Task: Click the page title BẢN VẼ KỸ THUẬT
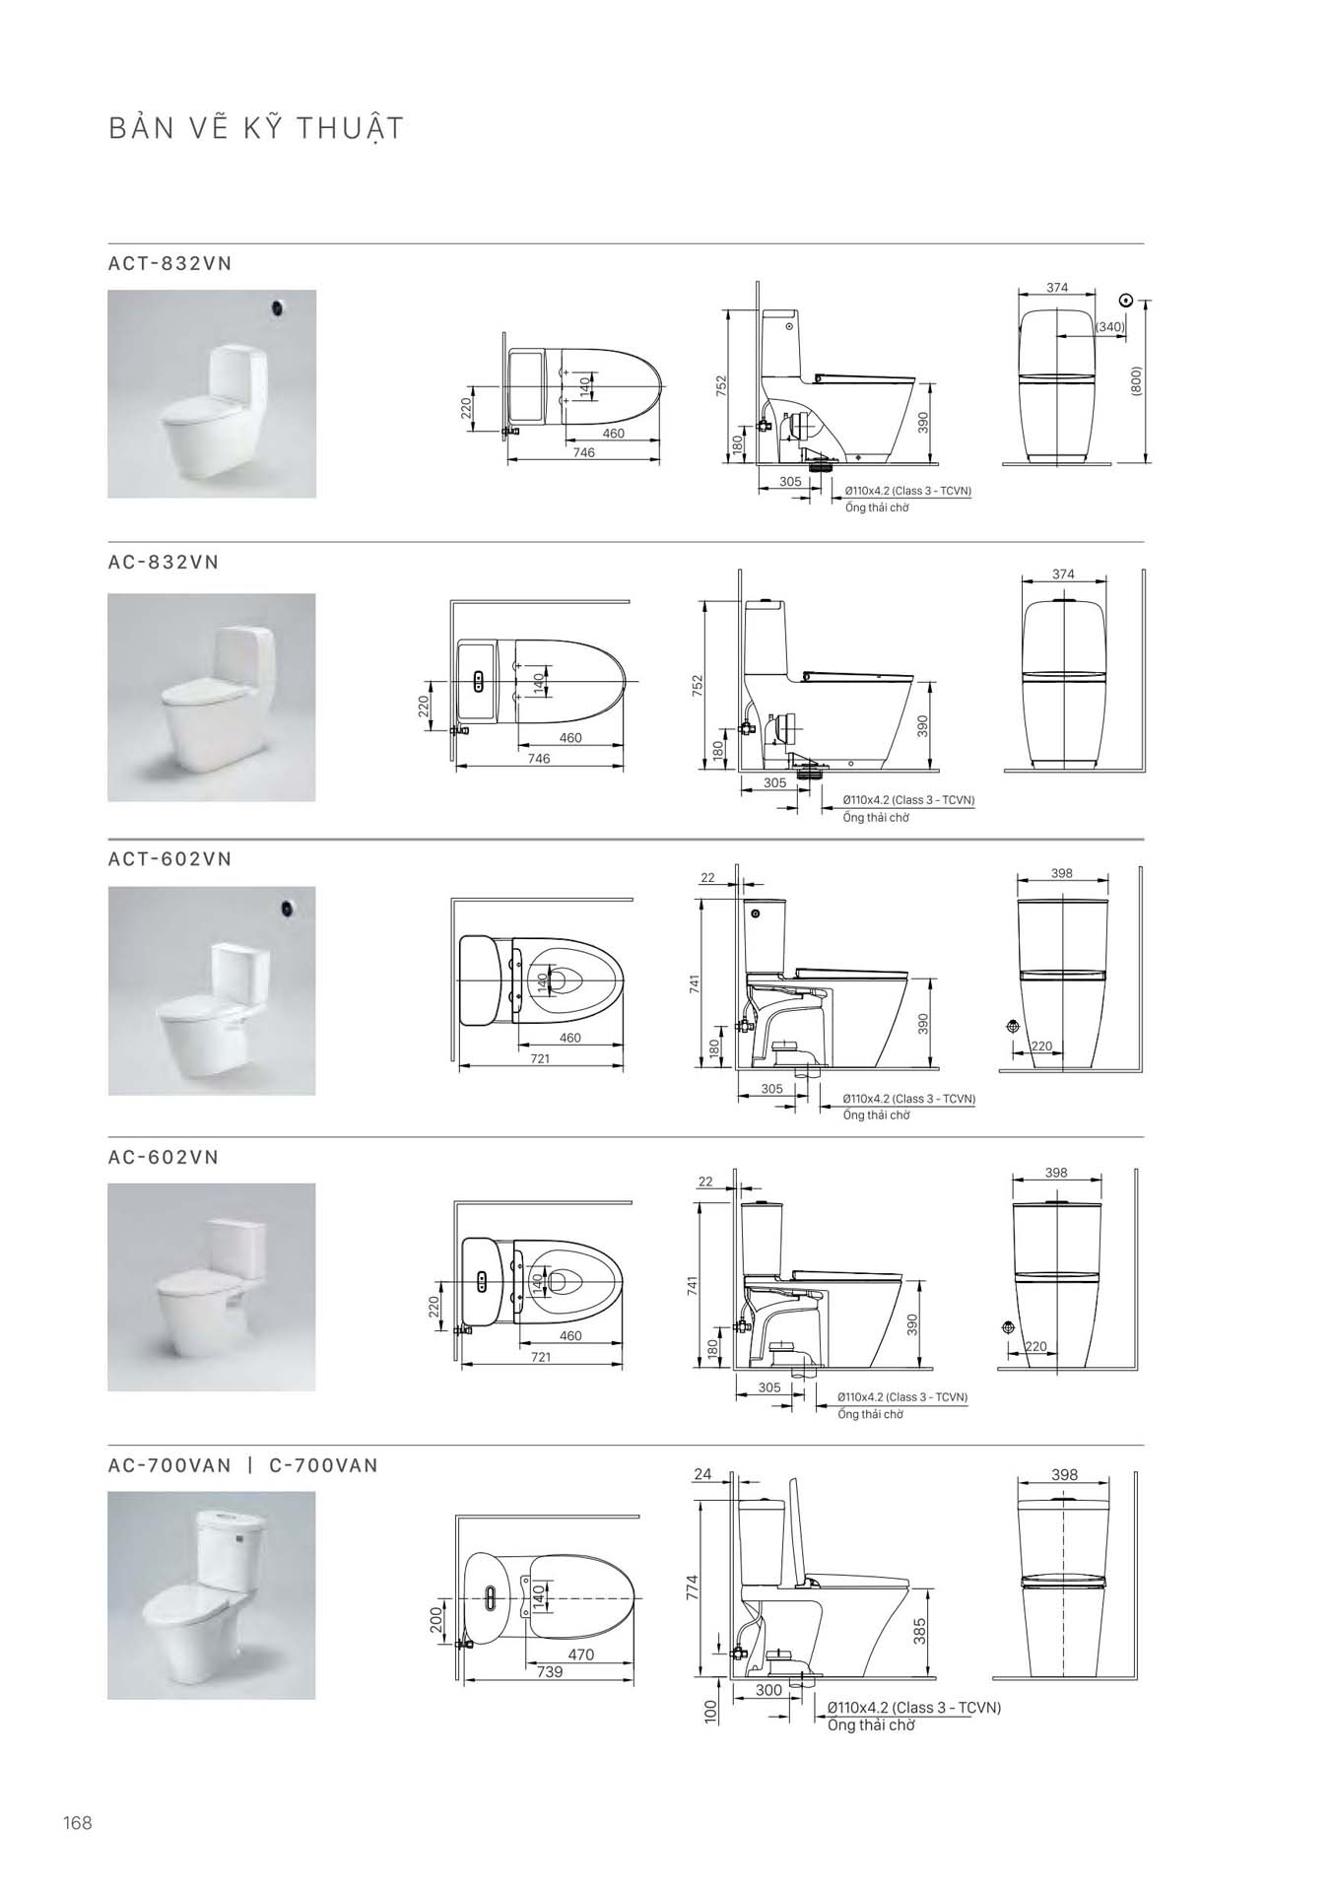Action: tap(256, 129)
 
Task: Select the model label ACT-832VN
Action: tap(170, 263)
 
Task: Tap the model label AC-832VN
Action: tap(164, 562)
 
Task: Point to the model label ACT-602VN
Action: tap(170, 858)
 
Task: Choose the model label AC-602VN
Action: tap(164, 1157)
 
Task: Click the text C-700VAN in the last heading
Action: tap(323, 1465)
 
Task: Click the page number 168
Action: tap(77, 1823)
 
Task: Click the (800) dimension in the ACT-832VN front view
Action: tap(1136, 382)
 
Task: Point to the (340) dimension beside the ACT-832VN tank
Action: tap(1109, 326)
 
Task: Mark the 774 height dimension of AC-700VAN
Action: tap(692, 1588)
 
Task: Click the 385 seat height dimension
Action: tap(920, 1631)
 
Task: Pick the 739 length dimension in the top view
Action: tap(550, 1671)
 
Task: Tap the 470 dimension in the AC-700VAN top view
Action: tap(581, 1655)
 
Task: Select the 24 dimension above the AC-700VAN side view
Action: tap(702, 1474)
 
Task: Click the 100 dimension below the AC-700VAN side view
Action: tap(710, 1711)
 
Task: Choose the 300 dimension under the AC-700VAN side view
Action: tap(768, 1690)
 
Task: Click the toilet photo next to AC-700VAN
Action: tap(212, 1594)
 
